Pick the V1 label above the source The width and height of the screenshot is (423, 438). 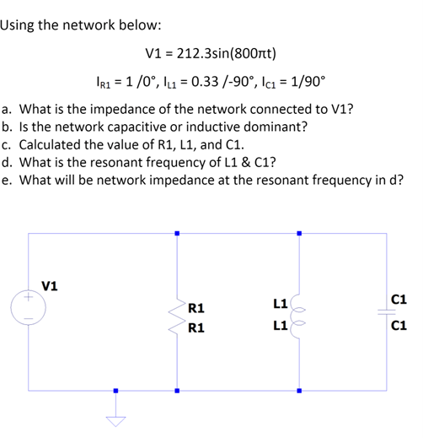[x=51, y=285]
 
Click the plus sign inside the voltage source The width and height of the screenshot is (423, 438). [x=30, y=298]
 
